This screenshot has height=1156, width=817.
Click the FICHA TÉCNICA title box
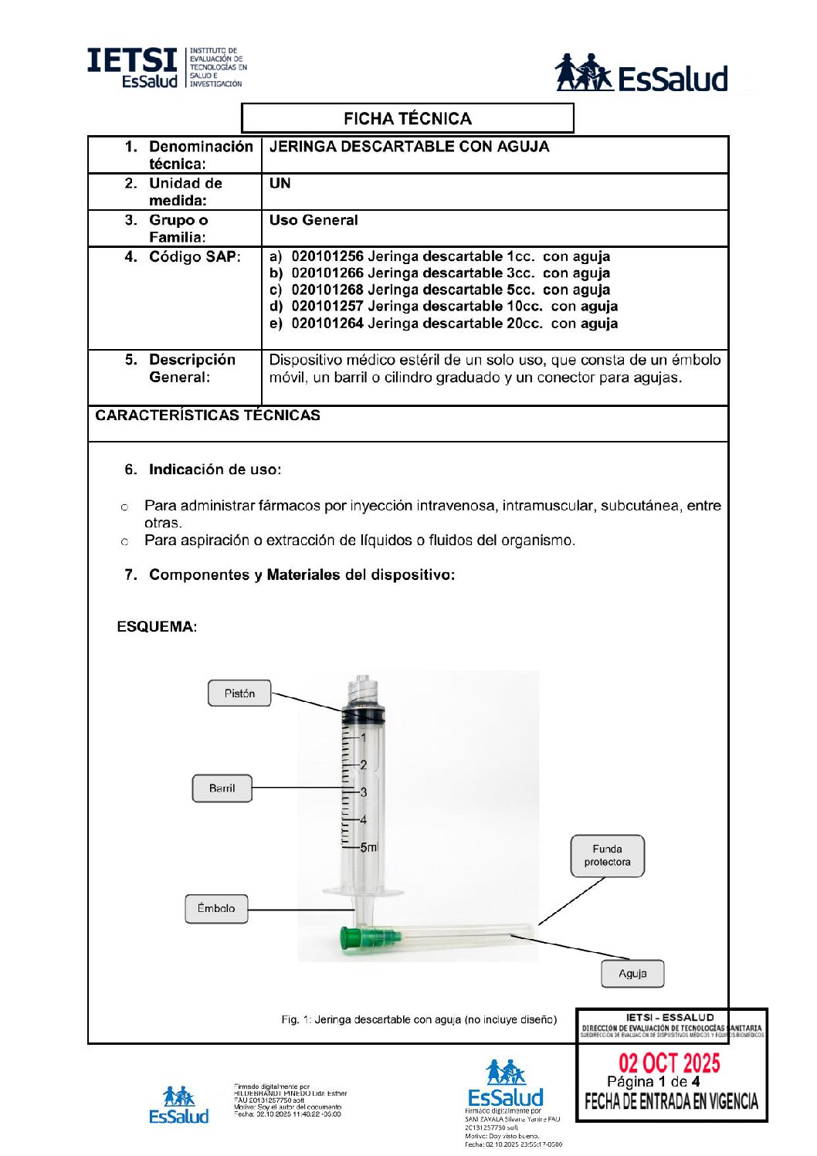[407, 118]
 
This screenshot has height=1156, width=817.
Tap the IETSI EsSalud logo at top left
[166, 68]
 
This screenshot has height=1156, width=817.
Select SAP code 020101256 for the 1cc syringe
[327, 256]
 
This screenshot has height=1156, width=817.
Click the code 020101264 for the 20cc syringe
[327, 324]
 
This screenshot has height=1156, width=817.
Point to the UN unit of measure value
[280, 184]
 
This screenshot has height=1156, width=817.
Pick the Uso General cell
[314, 220]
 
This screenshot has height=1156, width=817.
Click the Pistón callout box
[239, 693]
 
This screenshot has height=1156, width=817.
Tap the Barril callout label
[222, 788]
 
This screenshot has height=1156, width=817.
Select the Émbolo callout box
[216, 908]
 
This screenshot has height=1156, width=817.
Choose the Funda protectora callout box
[607, 856]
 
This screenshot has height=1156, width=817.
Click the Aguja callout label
[632, 974]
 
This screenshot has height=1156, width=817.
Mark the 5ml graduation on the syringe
[369, 847]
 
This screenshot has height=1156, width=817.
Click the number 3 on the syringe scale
[364, 792]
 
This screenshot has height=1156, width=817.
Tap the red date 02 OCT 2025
[669, 1063]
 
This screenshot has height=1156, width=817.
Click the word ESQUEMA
[157, 626]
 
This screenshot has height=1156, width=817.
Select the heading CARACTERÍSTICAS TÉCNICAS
[208, 415]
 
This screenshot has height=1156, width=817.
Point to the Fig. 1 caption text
[419, 1019]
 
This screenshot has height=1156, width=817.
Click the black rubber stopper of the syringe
[363, 714]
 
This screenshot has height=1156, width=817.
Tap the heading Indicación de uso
[215, 470]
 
